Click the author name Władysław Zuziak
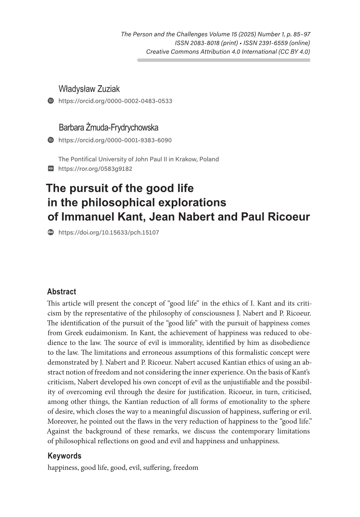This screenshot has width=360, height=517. (89, 89)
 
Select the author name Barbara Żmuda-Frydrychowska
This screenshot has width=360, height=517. (108, 128)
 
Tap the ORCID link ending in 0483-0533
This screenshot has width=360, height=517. (115, 101)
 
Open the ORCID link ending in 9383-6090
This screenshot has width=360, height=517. (115, 140)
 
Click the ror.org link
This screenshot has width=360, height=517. (95, 169)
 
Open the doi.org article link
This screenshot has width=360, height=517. (108, 233)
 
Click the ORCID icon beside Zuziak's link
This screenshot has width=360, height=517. (51, 101)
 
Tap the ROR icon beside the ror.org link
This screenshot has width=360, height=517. (51, 169)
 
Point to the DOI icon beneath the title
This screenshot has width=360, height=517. (51, 232)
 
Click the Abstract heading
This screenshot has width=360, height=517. (61, 292)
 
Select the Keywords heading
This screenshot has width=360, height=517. (64, 456)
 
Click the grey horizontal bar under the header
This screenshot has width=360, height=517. (224, 60)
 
